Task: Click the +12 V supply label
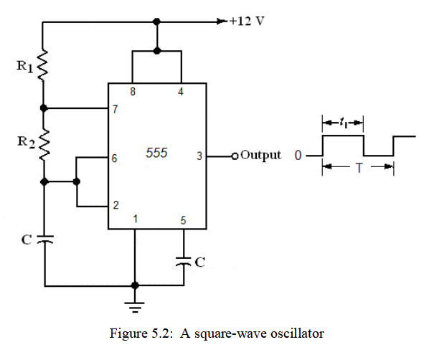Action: point(245,20)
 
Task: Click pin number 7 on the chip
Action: point(115,110)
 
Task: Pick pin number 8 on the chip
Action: point(132,92)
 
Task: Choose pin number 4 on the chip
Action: point(181,92)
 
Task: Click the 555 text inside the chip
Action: point(156,153)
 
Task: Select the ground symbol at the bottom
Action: point(135,306)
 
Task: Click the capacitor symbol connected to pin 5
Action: point(184,261)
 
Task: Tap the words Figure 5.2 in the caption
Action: point(134,333)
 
